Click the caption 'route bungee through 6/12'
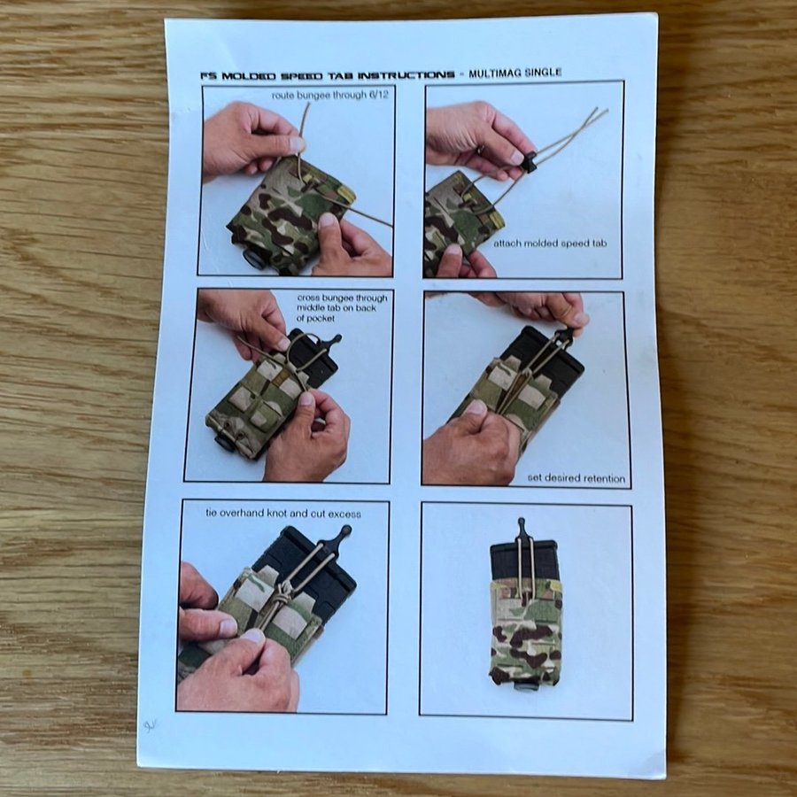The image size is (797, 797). (x=330, y=95)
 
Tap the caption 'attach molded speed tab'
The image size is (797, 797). (x=550, y=244)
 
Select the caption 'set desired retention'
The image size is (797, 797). (x=576, y=478)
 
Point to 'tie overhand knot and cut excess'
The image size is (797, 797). (x=283, y=514)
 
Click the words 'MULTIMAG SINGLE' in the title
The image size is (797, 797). (x=515, y=74)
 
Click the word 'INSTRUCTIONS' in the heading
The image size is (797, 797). (x=406, y=75)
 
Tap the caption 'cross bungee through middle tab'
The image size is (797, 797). (x=342, y=303)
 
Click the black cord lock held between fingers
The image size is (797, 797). (x=530, y=162)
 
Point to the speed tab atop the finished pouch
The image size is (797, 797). (x=521, y=530)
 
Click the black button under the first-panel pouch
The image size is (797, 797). (x=254, y=259)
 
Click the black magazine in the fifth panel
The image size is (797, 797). (x=305, y=569)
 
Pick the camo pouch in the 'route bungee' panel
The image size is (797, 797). (x=290, y=213)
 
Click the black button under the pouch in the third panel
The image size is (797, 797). (x=224, y=442)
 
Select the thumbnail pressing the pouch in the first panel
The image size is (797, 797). (x=328, y=221)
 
